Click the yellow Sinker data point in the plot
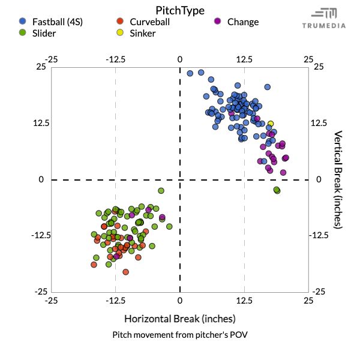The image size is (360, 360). (x=271, y=124)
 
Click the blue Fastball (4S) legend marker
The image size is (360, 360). (x=22, y=22)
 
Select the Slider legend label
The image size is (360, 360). (x=44, y=34)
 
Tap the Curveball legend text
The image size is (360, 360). (x=149, y=22)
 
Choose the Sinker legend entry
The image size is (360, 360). (x=142, y=34)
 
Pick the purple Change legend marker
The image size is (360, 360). (x=218, y=22)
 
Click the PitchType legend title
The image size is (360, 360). (x=179, y=10)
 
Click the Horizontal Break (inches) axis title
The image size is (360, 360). (x=179, y=318)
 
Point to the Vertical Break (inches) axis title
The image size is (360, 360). (x=338, y=179)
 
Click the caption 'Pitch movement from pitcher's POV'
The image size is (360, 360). (x=179, y=334)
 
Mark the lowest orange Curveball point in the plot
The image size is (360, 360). (x=126, y=272)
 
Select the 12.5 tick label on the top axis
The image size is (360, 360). (x=244, y=59)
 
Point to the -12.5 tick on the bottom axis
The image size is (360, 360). (x=115, y=299)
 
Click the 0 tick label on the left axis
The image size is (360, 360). (x=43, y=179)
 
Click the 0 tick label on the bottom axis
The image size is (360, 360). (x=179, y=299)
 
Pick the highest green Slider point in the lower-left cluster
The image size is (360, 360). (x=161, y=191)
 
